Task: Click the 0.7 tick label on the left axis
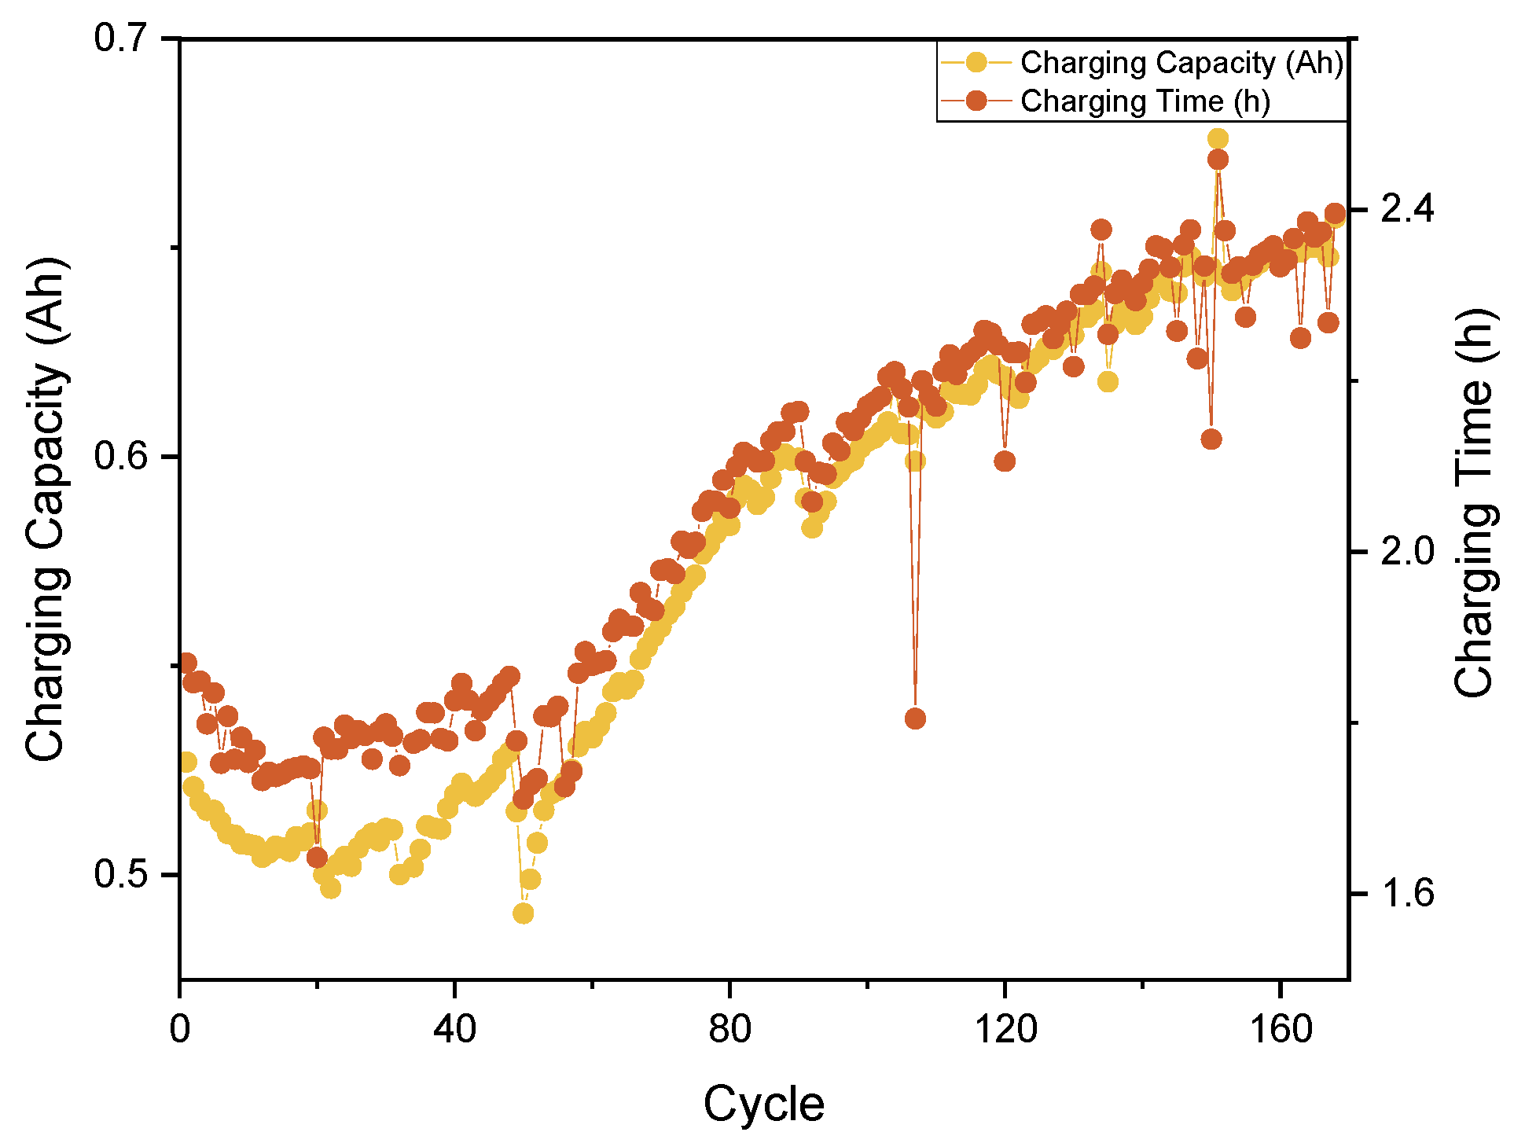tap(122, 38)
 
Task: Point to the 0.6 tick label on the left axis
tap(122, 456)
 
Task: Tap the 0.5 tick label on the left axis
tap(122, 874)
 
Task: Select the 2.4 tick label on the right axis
tap(1407, 209)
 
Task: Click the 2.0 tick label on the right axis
tap(1407, 551)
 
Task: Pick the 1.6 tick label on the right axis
tap(1407, 894)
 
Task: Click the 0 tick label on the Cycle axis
tap(180, 1028)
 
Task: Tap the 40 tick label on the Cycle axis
tap(454, 1028)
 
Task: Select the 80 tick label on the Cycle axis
tap(729, 1028)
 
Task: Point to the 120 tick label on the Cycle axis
tap(1005, 1028)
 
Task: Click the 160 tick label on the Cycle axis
tap(1281, 1028)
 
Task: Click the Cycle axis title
tap(763, 1104)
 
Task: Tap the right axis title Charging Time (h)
tap(1473, 503)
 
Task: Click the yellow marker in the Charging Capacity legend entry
tap(976, 62)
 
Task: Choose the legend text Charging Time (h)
tap(1145, 101)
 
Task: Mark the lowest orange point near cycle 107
tap(915, 718)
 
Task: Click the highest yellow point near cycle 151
tap(1218, 139)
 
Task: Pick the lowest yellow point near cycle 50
tap(524, 913)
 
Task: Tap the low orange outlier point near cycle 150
tap(1211, 439)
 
